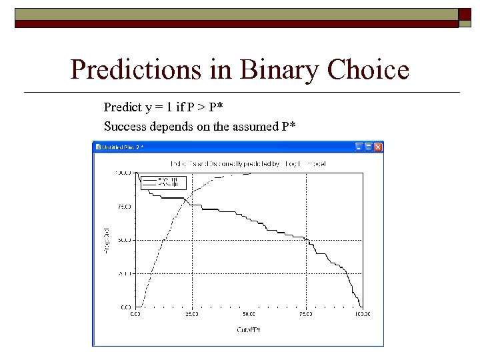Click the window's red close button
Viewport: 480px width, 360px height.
click(378, 147)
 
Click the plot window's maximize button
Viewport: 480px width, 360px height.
click(369, 147)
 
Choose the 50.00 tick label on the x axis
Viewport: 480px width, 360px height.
click(248, 313)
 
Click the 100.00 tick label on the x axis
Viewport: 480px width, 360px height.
click(362, 313)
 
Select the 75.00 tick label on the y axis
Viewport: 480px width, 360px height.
click(124, 207)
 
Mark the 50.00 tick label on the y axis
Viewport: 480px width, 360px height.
click(124, 240)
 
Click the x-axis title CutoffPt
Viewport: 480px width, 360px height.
click(248, 329)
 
